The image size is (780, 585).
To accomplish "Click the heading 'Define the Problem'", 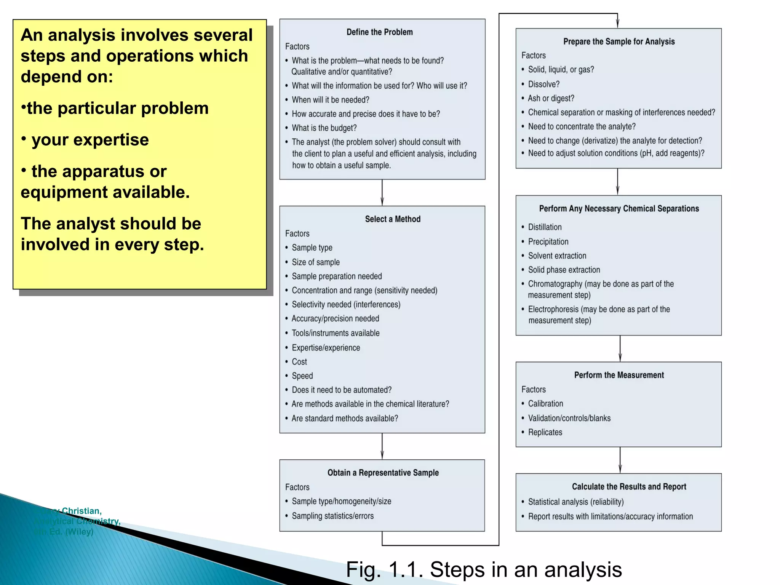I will (379, 32).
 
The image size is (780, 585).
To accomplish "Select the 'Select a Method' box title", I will (393, 219).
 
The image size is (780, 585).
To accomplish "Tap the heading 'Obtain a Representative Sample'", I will (383, 473).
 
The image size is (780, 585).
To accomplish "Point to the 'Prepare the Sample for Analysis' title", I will (619, 42).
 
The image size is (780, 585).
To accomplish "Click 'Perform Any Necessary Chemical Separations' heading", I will (619, 209).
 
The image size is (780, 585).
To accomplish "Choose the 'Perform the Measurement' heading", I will (619, 375).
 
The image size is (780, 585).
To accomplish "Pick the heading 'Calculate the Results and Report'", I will (629, 487).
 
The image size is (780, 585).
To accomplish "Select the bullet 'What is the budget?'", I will (324, 128).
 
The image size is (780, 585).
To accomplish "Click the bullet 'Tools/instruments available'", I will (336, 333).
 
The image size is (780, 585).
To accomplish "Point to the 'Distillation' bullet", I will (545, 227).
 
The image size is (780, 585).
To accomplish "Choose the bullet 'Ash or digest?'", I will (551, 98).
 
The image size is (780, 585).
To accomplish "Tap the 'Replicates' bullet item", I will (545, 432).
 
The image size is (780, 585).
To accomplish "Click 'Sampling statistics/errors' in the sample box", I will (332, 516).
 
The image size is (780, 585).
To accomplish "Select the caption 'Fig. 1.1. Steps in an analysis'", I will (484, 570).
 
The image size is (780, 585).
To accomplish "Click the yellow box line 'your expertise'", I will (90, 140).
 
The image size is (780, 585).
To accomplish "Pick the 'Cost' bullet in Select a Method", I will (299, 362).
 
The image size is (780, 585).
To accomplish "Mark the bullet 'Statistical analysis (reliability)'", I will (575, 502).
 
